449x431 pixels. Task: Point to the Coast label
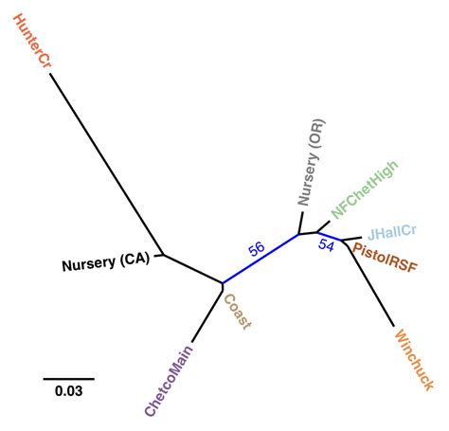pyautogui.click(x=237, y=312)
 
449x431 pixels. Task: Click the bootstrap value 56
pyautogui.click(x=255, y=249)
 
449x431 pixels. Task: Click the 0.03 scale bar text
pyautogui.click(x=68, y=390)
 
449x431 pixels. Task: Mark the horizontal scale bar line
pyautogui.click(x=68, y=378)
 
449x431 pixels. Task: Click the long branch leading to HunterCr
pyautogui.click(x=104, y=162)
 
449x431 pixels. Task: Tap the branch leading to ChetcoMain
pyautogui.click(x=207, y=313)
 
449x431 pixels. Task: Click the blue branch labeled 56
pyautogui.click(x=261, y=259)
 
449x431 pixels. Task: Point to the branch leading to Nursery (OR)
pyautogui.click(x=301, y=224)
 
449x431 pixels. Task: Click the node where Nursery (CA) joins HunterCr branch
pyautogui.click(x=163, y=254)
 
